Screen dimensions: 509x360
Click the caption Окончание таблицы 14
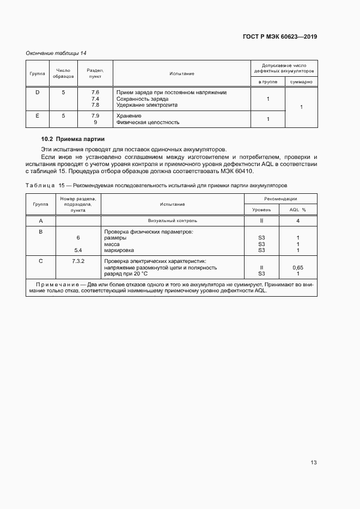pyautogui.click(x=56, y=53)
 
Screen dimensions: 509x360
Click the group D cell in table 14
pyautogui.click(x=37, y=93)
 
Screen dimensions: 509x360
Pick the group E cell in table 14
pyautogui.click(x=37, y=116)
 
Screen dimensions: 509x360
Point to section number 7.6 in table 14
pyautogui.click(x=95, y=93)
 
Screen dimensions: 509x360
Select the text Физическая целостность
pyautogui.click(x=148, y=122)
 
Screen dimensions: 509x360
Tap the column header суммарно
pyautogui.click(x=301, y=81)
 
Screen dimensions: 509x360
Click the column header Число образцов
pyautogui.click(x=63, y=73)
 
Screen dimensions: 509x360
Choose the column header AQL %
pyautogui.click(x=297, y=209)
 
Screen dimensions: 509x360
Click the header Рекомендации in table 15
pyautogui.click(x=280, y=199)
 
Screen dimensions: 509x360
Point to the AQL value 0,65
pyautogui.click(x=298, y=268)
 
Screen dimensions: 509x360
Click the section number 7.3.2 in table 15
pyautogui.click(x=78, y=261)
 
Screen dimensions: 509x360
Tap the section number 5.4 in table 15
pyautogui.click(x=78, y=250)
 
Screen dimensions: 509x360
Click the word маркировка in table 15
pyautogui.click(x=119, y=250)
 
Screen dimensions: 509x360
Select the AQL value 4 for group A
pyautogui.click(x=298, y=221)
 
